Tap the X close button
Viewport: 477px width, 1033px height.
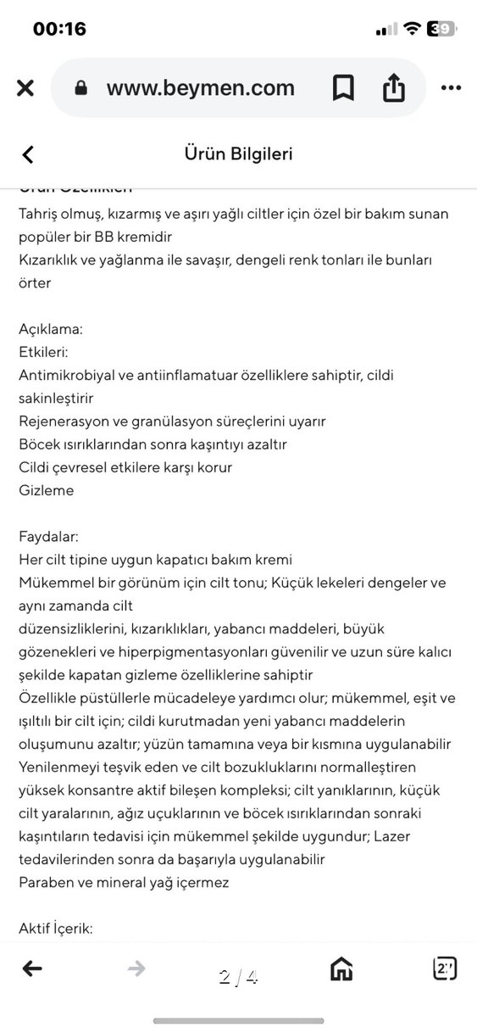(25, 88)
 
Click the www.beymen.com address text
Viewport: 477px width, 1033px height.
(200, 88)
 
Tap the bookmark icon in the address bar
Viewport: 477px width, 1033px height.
(343, 88)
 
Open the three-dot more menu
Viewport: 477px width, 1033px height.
(451, 88)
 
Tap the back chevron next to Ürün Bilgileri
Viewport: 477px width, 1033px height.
(28, 154)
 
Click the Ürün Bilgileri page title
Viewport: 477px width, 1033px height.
(238, 154)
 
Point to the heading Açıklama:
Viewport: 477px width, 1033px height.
(51, 328)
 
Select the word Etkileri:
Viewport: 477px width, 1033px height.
(43, 351)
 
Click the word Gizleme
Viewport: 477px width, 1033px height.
(47, 490)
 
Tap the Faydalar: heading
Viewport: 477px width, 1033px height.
(48, 536)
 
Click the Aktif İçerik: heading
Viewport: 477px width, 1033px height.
(56, 928)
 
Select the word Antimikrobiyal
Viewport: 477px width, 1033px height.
(68, 374)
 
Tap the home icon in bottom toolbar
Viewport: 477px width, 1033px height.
(341, 969)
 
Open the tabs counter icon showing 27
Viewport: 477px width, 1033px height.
(445, 969)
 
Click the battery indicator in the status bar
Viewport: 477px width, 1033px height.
(442, 29)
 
